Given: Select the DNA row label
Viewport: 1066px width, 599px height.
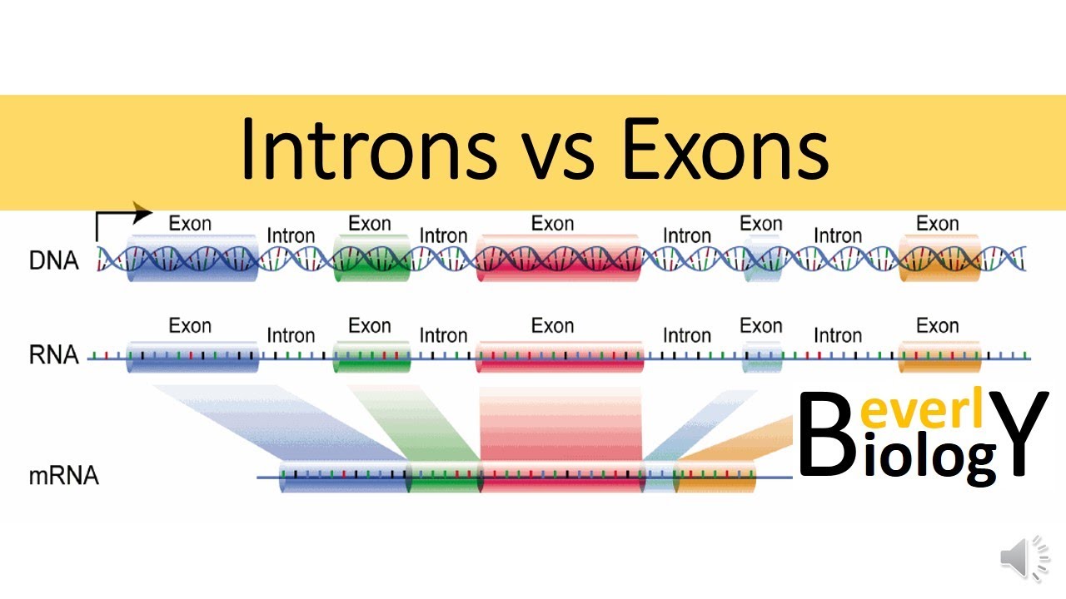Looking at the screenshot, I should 53,261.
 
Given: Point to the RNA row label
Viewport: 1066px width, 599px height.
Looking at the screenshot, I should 53,356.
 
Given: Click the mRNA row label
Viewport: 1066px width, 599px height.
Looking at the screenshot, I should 63,477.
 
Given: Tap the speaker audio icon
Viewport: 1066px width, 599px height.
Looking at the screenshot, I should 1025,558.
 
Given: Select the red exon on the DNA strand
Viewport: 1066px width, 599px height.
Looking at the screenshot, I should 559,259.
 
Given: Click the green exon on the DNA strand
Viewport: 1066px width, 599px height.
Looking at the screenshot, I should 371,259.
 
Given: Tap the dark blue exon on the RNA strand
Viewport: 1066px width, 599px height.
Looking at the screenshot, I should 192,356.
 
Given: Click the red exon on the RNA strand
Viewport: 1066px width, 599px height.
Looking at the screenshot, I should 559,356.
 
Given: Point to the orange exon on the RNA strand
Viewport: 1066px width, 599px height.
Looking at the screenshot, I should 939,356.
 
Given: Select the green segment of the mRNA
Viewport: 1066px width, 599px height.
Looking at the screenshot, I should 444,477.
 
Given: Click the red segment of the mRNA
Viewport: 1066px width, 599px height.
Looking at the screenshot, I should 561,477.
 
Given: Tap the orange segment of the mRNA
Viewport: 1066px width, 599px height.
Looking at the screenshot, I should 715,477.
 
